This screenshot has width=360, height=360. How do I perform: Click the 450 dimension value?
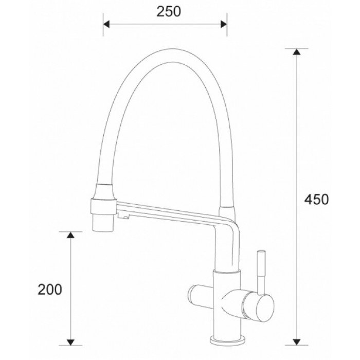(316, 199)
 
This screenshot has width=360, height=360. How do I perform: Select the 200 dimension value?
(50, 290)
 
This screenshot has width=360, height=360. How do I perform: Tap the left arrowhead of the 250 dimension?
(107, 23)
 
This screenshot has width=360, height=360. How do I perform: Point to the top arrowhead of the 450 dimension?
(296, 52)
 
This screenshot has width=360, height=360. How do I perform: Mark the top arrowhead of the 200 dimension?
(71, 236)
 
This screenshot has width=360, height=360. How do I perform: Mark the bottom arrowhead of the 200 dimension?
(71, 340)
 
